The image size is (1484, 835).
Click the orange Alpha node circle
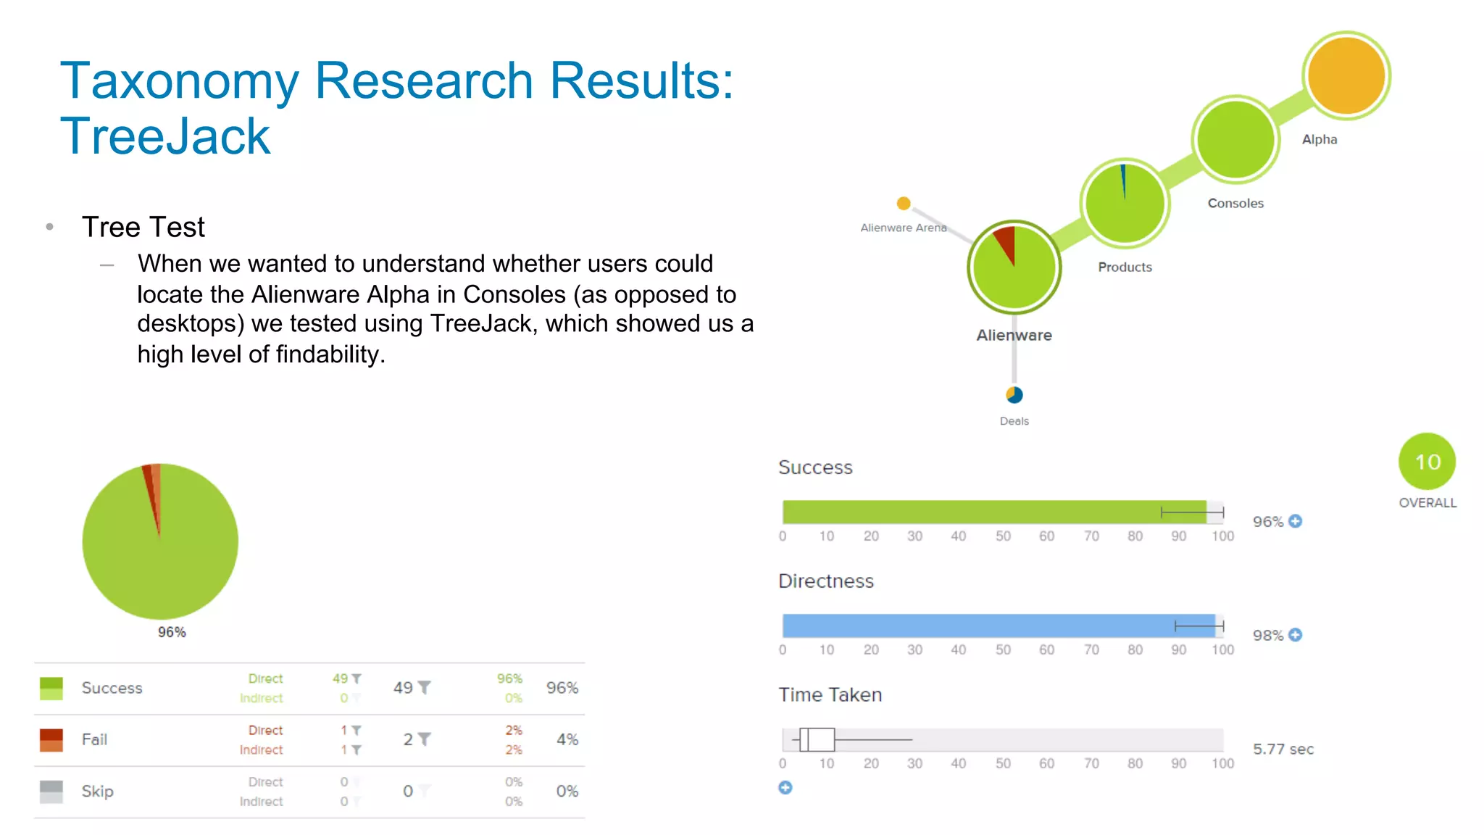1346,75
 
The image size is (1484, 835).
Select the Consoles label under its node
1235,203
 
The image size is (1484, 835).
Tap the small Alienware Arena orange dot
903,203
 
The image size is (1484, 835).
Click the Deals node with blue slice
1014,395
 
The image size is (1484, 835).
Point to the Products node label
1124,267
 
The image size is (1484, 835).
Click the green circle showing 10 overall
1426,462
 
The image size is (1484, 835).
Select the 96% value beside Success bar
1267,522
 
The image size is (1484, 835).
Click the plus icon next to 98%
1296,635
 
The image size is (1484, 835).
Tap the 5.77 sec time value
1283,749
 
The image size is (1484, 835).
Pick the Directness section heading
825,581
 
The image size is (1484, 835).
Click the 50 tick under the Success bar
1002,536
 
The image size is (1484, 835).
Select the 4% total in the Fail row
567,739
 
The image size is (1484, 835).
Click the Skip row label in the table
97,791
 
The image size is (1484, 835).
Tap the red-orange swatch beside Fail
51,739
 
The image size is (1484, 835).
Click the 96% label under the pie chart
172,632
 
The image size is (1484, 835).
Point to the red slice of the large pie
150,493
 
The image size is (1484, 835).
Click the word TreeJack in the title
165,136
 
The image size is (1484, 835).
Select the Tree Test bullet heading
143,227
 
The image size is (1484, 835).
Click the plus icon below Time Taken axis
785,788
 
